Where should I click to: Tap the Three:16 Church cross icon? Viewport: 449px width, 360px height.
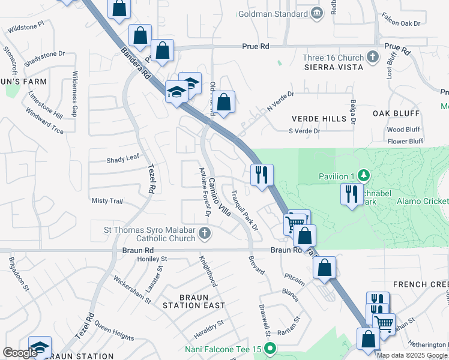tap(373, 58)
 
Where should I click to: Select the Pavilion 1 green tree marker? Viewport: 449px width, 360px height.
tap(363, 176)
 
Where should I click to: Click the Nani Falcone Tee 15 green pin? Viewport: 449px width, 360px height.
tap(270, 347)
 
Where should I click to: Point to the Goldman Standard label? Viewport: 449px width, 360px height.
tap(274, 13)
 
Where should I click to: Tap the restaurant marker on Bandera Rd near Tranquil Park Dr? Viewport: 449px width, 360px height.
tap(262, 175)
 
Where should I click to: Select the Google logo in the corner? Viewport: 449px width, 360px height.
tap(19, 353)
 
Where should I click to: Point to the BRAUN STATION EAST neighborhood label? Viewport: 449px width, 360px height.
tap(194, 301)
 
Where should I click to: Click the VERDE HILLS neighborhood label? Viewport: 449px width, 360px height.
tap(319, 119)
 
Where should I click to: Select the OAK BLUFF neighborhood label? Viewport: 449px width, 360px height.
tap(397, 113)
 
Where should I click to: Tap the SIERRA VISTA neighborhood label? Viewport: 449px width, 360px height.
tap(333, 67)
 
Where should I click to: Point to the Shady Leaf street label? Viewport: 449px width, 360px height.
tap(122, 159)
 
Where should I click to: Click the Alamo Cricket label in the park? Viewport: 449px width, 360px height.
tap(422, 202)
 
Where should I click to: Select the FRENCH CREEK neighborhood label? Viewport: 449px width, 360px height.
tap(420, 284)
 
